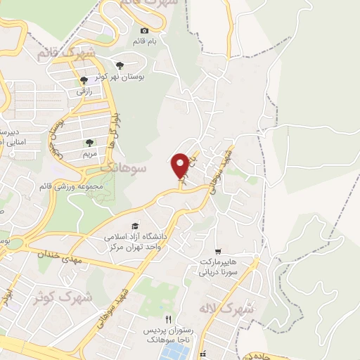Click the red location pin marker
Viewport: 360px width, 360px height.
181,165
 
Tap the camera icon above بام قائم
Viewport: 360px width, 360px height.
145,30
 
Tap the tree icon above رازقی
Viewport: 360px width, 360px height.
84,80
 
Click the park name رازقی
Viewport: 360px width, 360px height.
84,91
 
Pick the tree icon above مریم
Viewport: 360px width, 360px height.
89,142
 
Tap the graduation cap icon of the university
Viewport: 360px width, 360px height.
135,225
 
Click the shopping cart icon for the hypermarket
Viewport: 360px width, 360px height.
219,250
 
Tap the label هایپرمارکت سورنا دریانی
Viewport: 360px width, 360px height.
219,264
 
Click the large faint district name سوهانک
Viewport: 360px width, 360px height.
123,169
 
